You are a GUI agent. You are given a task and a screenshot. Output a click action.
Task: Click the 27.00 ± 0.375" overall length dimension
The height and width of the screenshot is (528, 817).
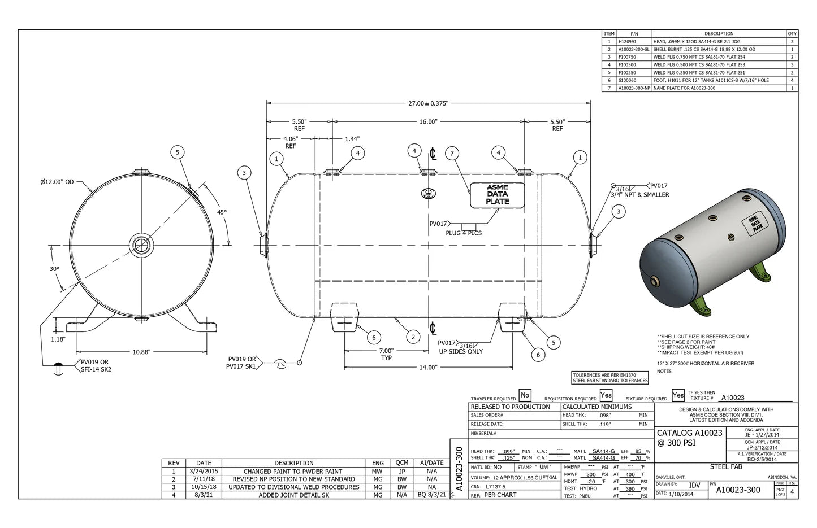pos(428,103)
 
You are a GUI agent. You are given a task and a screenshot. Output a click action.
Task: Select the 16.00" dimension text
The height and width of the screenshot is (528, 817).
pos(428,121)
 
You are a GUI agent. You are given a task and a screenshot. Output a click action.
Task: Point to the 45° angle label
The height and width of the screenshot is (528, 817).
pos(221,212)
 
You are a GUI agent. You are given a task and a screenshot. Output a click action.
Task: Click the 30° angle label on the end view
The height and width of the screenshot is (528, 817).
pos(54,269)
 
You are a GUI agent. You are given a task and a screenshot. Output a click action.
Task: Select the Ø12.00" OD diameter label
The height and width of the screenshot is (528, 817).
pos(57,182)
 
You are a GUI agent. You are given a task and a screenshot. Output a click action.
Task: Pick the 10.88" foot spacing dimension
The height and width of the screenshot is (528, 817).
pos(141,352)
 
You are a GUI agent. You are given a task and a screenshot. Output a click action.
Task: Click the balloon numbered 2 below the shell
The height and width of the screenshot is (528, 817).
pos(413,337)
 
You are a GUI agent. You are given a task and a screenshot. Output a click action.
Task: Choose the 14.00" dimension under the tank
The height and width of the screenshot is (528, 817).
pos(428,367)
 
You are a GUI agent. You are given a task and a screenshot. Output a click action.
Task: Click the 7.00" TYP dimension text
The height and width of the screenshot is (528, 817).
pos(386,354)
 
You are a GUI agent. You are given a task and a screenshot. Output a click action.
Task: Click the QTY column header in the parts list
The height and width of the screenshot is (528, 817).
pos(792,34)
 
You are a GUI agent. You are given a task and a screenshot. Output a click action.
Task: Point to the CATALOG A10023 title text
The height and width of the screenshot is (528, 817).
pos(689,433)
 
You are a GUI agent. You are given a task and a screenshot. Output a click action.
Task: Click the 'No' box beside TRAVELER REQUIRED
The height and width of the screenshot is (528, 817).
pos(525,396)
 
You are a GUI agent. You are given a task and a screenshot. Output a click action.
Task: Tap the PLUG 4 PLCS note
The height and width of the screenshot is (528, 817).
pos(463,233)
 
